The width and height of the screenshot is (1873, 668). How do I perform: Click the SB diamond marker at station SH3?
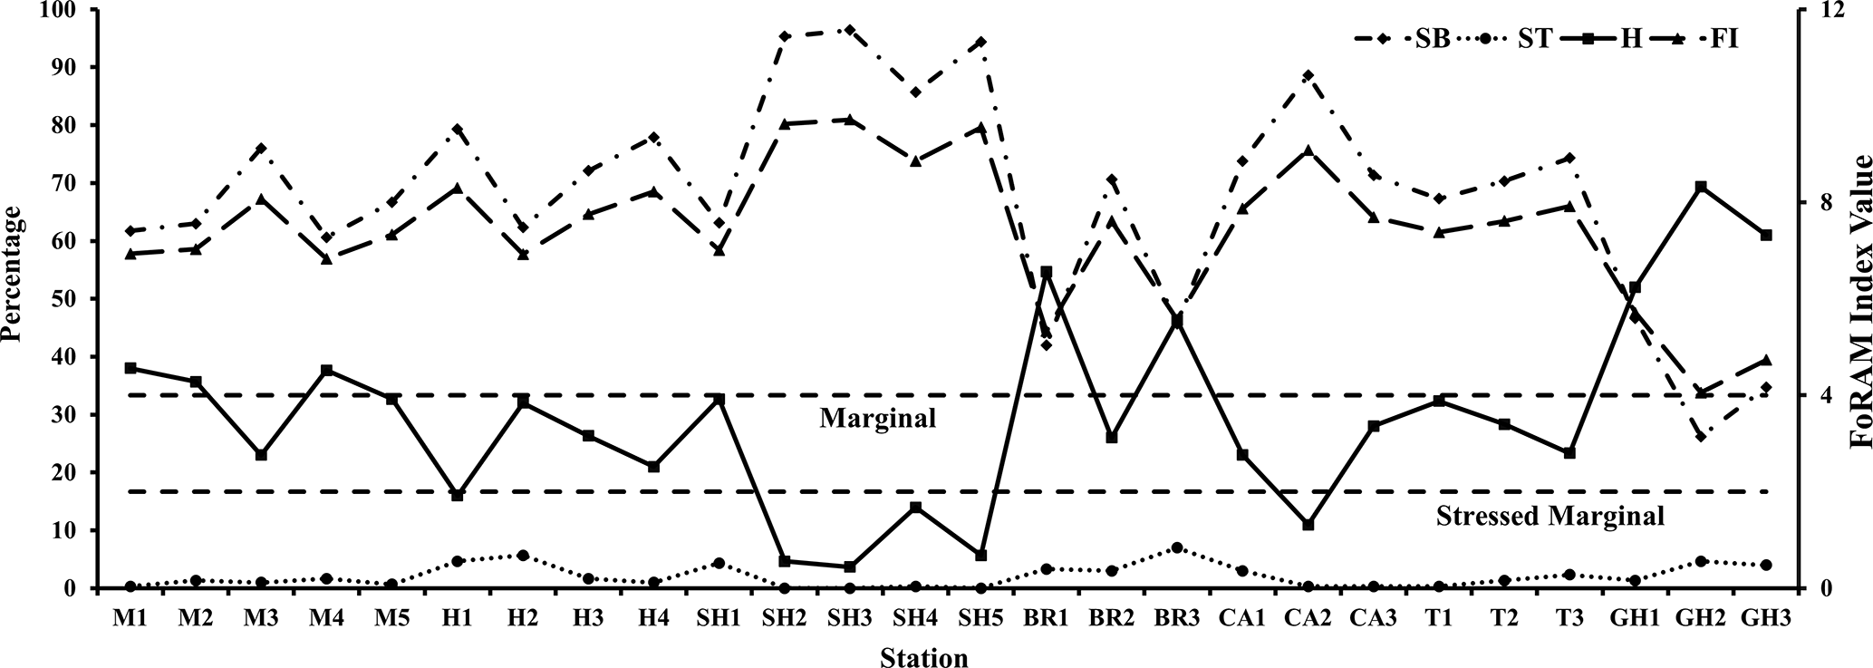[849, 29]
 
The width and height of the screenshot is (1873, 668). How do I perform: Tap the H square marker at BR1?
[1046, 272]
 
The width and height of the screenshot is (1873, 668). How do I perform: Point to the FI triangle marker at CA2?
[1308, 150]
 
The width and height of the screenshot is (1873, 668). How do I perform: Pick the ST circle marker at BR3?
[1177, 547]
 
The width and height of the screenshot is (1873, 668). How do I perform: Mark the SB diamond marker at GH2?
[1701, 437]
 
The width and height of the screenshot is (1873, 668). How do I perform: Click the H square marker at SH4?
[915, 508]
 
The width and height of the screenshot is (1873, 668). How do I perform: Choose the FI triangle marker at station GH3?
[1766, 360]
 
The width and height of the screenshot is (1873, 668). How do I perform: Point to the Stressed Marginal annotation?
[1550, 517]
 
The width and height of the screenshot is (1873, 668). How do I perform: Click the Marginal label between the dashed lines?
[877, 419]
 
